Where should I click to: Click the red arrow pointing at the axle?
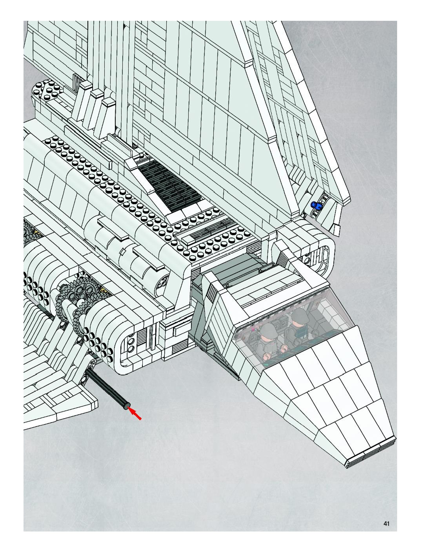[135, 415]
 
